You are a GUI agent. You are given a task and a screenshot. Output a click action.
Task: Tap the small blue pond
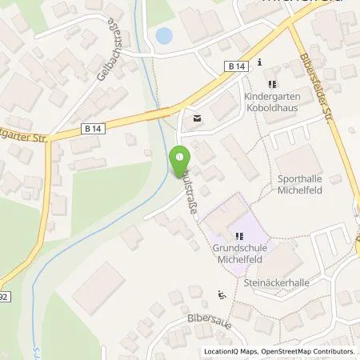(x=164, y=35)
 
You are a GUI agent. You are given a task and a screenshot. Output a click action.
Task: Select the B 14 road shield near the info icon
(x=235, y=69)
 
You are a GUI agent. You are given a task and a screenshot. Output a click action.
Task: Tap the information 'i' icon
(x=260, y=62)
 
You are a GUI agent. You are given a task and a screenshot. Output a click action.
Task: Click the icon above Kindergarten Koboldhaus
(x=272, y=83)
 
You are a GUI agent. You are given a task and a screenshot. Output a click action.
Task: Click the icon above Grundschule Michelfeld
(x=239, y=235)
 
